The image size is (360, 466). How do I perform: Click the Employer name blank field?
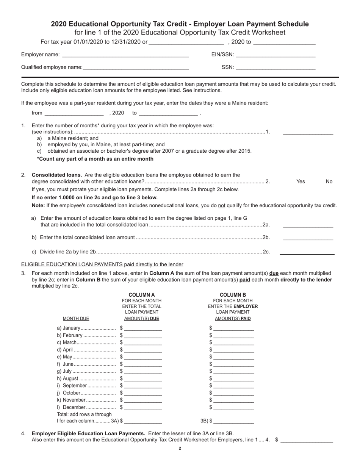tap(125, 55)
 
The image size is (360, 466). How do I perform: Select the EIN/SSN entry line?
tap(275, 55)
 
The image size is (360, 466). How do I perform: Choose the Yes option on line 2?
tap(301, 181)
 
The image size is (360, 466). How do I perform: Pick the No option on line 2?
tap(329, 181)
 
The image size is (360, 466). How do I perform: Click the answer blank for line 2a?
tap(308, 225)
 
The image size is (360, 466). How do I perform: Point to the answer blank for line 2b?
tap(308, 238)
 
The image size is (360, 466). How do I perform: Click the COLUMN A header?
tap(142, 295)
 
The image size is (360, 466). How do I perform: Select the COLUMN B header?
tap(233, 295)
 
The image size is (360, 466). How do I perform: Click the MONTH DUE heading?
tap(76, 319)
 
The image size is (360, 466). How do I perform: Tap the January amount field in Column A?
tap(143, 328)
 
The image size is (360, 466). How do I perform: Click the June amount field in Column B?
tap(233, 364)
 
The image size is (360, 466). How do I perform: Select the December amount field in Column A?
tap(143, 408)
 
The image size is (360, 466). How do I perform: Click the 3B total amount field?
tap(233, 421)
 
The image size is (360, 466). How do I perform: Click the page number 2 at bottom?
tap(180, 449)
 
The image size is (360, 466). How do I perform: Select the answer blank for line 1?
tap(308, 132)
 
